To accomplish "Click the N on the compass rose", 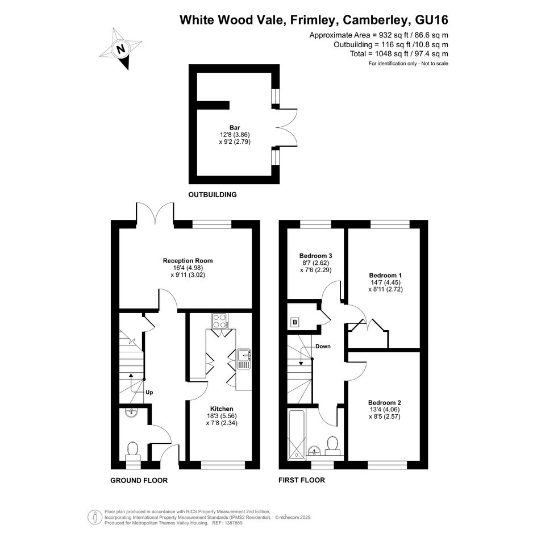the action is (120, 49).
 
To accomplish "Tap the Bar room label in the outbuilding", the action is (235, 128).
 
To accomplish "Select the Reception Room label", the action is (188, 261).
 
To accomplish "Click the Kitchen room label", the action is (222, 409).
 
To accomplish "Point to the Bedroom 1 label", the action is (385, 276).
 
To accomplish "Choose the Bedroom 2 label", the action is (385, 403).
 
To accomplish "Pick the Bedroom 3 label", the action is (315, 256).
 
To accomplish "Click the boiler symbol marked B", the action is (295, 322).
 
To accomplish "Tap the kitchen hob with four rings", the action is (220, 321).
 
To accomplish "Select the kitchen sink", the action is (244, 359).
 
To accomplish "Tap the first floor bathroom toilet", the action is (332, 446).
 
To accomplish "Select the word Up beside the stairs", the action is (149, 393).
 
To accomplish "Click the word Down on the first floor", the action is (323, 346).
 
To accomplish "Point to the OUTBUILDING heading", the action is (213, 195).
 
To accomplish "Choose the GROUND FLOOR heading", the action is (139, 481).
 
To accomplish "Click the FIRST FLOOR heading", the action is (302, 480).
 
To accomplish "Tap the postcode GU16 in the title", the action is (431, 20).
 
